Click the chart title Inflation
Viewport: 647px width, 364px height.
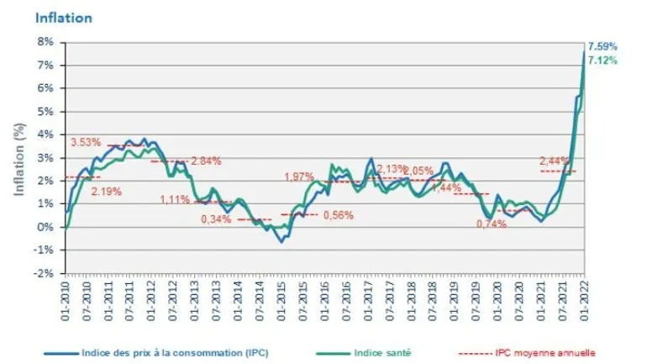point(64,17)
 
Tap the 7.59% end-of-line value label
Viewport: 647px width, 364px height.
point(602,45)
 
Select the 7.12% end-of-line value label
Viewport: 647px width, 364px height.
point(602,61)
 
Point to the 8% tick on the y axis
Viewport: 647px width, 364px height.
point(45,41)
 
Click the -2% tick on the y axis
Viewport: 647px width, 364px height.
point(43,273)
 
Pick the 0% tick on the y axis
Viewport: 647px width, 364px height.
point(45,227)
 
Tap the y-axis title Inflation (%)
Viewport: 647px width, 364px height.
point(18,157)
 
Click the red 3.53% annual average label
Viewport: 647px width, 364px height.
point(87,142)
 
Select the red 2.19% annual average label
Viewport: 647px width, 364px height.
point(107,191)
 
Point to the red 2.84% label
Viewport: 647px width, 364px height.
point(207,161)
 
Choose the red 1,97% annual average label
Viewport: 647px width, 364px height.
point(298,177)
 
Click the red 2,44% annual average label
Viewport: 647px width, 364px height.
point(555,160)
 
